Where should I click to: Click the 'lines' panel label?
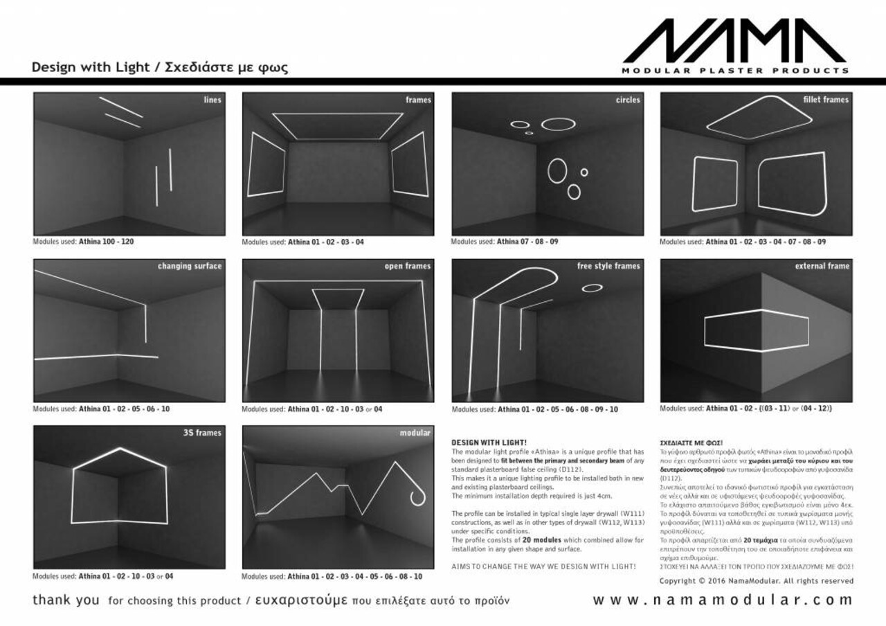[x=213, y=100]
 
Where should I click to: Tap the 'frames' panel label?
[x=418, y=100]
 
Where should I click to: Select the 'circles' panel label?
[x=628, y=100]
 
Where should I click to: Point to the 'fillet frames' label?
[x=826, y=100]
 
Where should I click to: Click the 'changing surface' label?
[x=190, y=266]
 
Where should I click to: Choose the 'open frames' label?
[x=408, y=266]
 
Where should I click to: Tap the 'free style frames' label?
[x=608, y=266]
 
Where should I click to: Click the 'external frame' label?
[x=822, y=266]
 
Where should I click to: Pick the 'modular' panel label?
[x=415, y=433]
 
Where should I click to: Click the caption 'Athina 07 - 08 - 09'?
[x=527, y=242]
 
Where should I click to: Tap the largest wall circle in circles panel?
[x=558, y=170]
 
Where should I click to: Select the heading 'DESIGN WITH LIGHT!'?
[x=489, y=442]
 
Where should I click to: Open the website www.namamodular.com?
[x=723, y=600]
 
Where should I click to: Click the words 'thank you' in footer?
[x=66, y=600]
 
